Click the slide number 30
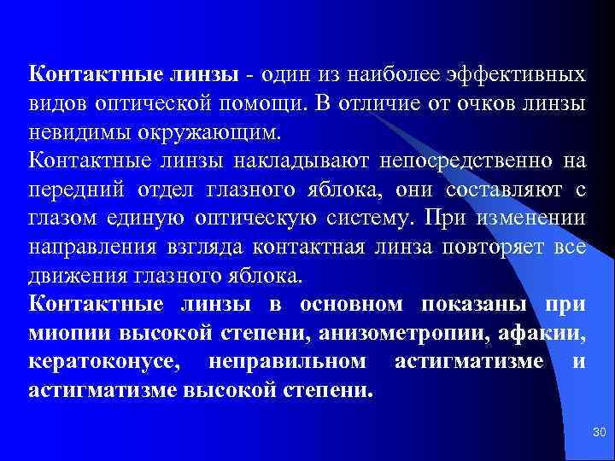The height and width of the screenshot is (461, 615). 598,435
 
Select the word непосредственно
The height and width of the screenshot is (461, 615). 449,160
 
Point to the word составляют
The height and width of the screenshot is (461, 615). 482,190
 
